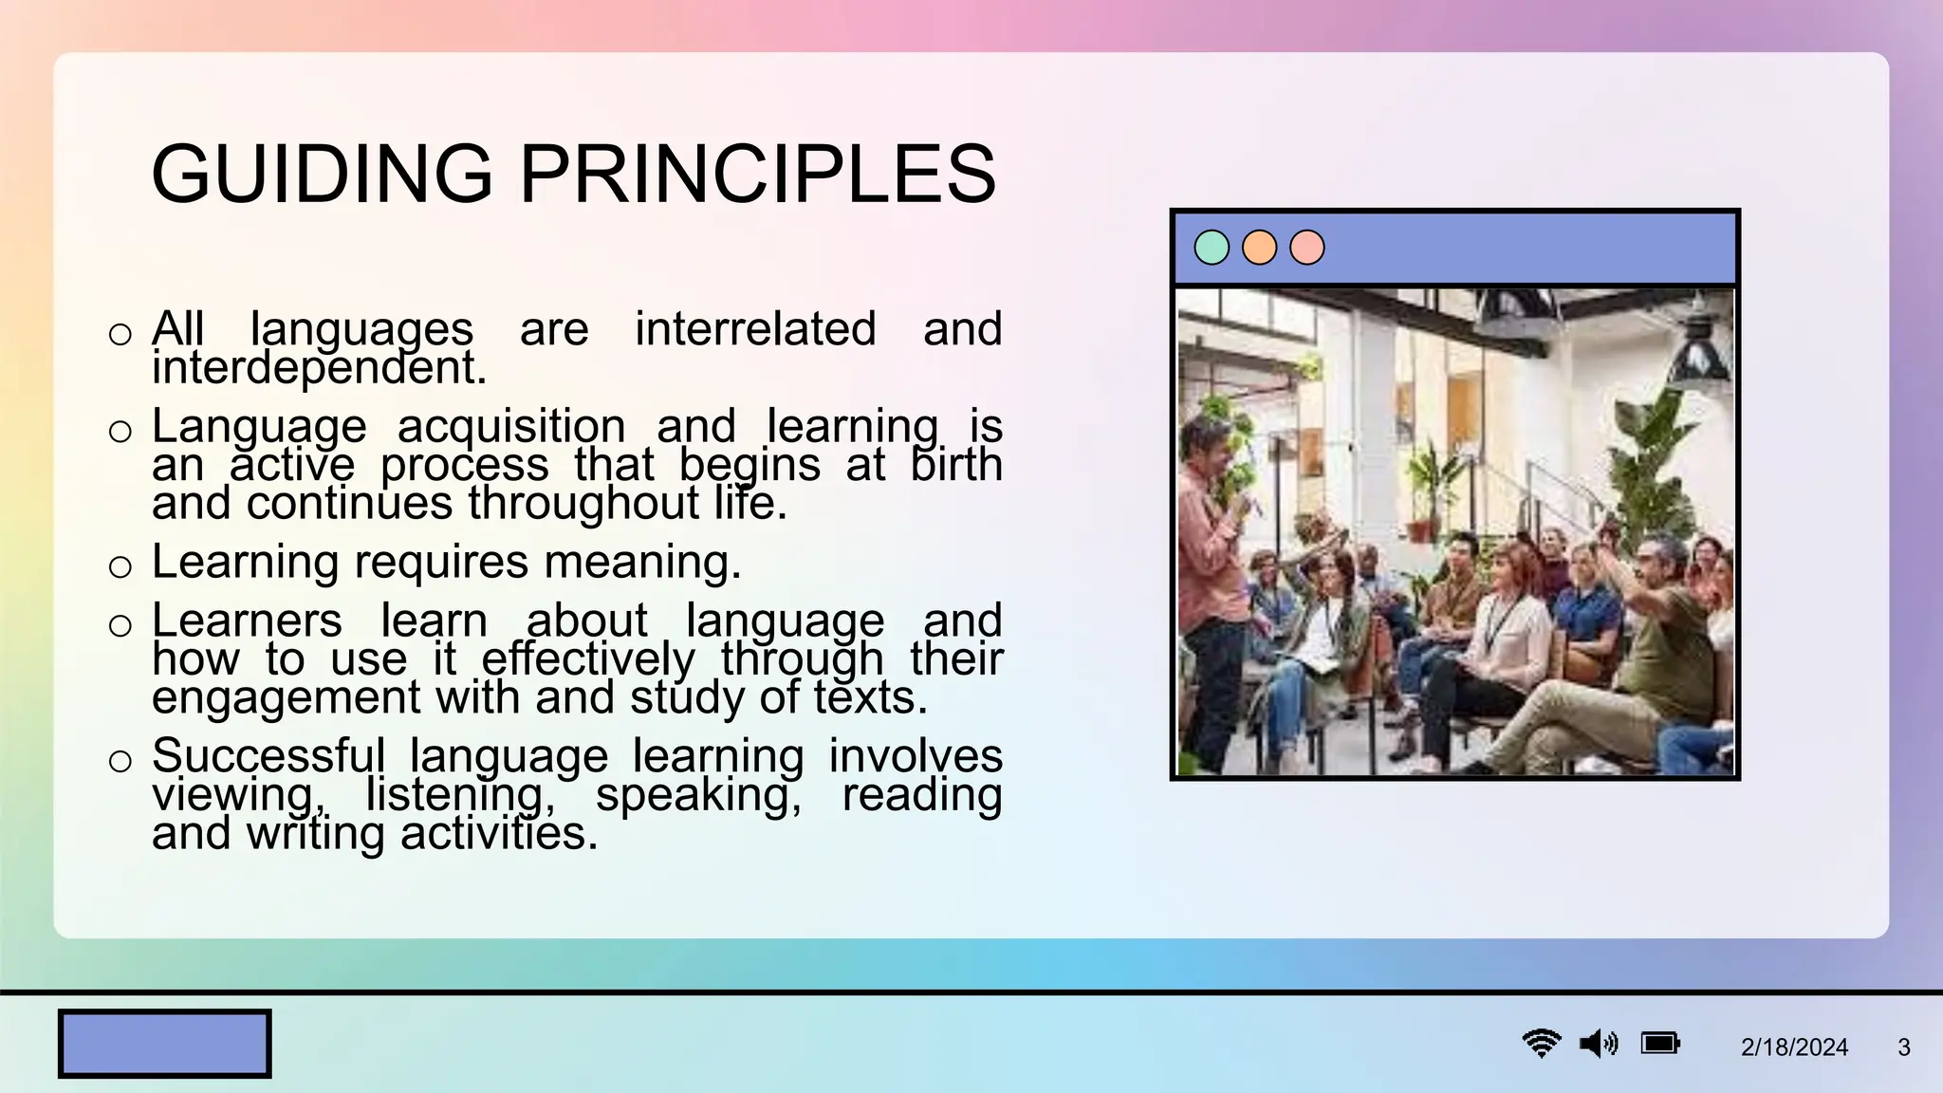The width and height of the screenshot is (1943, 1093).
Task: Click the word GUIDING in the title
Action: pyautogui.click(x=322, y=174)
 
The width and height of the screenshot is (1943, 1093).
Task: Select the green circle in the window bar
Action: pyautogui.click(x=1211, y=248)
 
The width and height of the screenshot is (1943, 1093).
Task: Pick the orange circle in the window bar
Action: pyautogui.click(x=1259, y=248)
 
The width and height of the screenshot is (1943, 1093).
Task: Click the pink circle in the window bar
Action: pyautogui.click(x=1306, y=248)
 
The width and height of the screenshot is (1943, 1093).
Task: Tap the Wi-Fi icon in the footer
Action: pyautogui.click(x=1541, y=1044)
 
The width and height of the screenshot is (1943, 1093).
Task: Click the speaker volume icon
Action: pyautogui.click(x=1598, y=1044)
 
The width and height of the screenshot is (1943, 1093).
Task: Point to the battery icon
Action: pyautogui.click(x=1660, y=1044)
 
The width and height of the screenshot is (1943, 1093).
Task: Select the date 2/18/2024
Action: pyautogui.click(x=1794, y=1047)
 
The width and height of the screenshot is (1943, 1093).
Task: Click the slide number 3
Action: pyautogui.click(x=1903, y=1047)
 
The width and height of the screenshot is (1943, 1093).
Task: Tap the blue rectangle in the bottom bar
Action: pyautogui.click(x=164, y=1044)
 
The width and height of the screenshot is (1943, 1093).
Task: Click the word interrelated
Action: pyautogui.click(x=755, y=329)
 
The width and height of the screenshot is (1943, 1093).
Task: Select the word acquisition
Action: pyautogui.click(x=511, y=426)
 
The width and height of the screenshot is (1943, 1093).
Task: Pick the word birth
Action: pyautogui.click(x=955, y=465)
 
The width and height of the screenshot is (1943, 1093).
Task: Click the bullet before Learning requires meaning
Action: pyautogui.click(x=120, y=566)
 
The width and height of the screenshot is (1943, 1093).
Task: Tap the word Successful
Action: pyautogui.click(x=268, y=756)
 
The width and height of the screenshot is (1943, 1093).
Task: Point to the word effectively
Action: pyautogui.click(x=588, y=659)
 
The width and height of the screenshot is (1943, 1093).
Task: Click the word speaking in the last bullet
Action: pyautogui.click(x=698, y=795)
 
